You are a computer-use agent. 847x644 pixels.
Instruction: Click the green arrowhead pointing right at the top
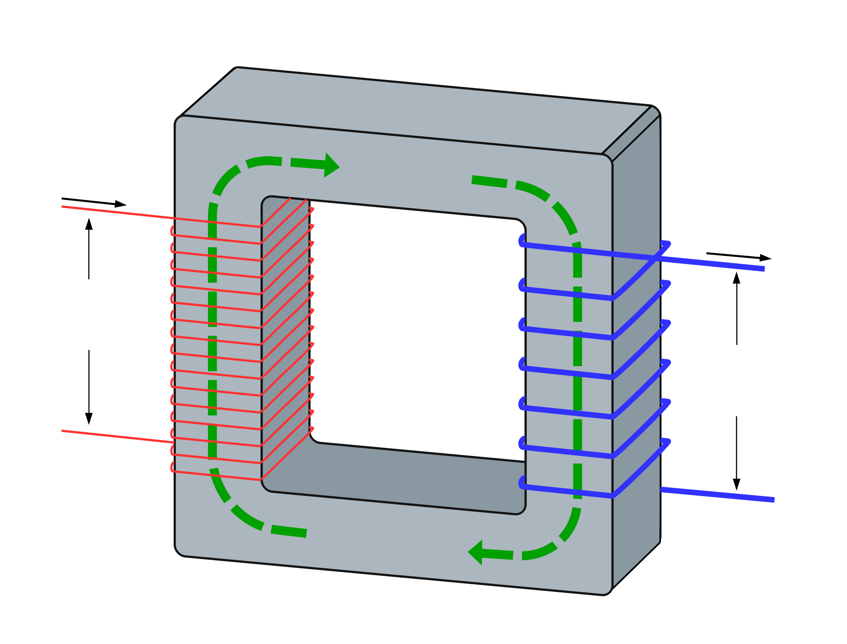click(x=332, y=165)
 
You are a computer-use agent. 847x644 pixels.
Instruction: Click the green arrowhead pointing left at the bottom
click(x=476, y=552)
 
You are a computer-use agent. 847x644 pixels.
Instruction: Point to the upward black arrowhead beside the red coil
click(x=89, y=224)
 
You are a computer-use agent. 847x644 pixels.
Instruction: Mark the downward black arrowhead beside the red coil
click(x=89, y=418)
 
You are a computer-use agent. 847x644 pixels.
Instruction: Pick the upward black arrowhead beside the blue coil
click(x=736, y=278)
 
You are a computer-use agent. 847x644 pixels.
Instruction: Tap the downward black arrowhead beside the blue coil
click(x=736, y=484)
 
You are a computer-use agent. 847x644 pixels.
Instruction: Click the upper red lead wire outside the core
click(x=119, y=213)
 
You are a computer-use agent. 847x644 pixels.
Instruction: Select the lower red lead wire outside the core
click(x=119, y=437)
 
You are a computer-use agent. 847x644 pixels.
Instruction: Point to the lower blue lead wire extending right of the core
click(x=720, y=495)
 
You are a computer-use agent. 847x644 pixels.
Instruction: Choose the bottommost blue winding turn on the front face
click(x=567, y=491)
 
